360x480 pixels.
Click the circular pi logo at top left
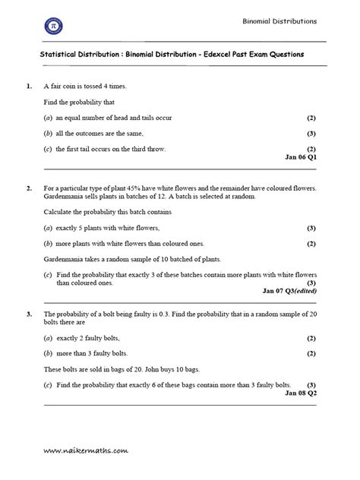coord(54,26)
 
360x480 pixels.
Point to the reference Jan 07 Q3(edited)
coord(289,291)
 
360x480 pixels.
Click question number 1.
coord(28,87)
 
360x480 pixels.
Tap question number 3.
coord(28,314)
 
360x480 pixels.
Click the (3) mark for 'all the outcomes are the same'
coord(311,133)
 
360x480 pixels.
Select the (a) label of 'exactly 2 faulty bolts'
coord(48,338)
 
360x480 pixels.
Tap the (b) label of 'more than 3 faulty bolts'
coord(48,353)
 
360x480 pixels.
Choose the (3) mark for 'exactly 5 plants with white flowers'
coord(311,228)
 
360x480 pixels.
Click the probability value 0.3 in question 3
coord(165,314)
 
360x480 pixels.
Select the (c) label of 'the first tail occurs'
coord(48,148)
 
